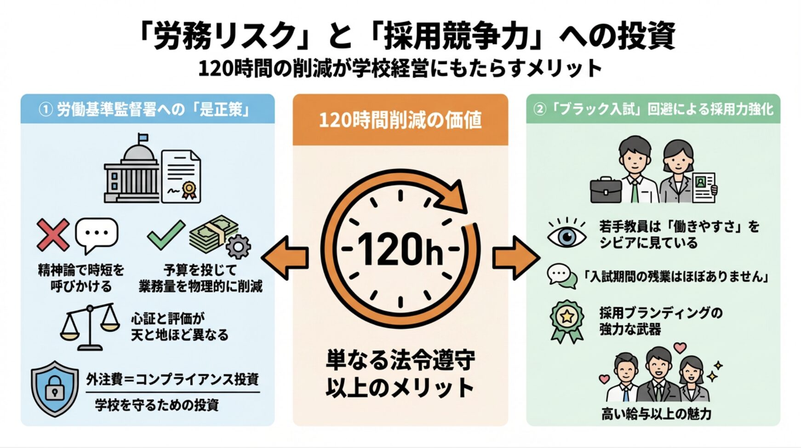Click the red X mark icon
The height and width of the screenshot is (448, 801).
[53, 235]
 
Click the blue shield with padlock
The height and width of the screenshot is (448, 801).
[55, 389]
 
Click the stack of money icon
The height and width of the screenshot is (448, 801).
[214, 232]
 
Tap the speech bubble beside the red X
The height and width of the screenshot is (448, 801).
[97, 234]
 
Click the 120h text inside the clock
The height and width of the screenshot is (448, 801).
[400, 249]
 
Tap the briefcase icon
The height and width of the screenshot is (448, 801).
[606, 190]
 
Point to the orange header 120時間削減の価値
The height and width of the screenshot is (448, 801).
[400, 120]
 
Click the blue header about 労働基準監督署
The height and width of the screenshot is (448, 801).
[147, 109]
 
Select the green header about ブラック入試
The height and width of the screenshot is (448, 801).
[653, 109]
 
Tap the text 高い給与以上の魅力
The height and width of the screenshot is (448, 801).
[656, 414]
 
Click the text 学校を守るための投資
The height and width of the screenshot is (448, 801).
[156, 405]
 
